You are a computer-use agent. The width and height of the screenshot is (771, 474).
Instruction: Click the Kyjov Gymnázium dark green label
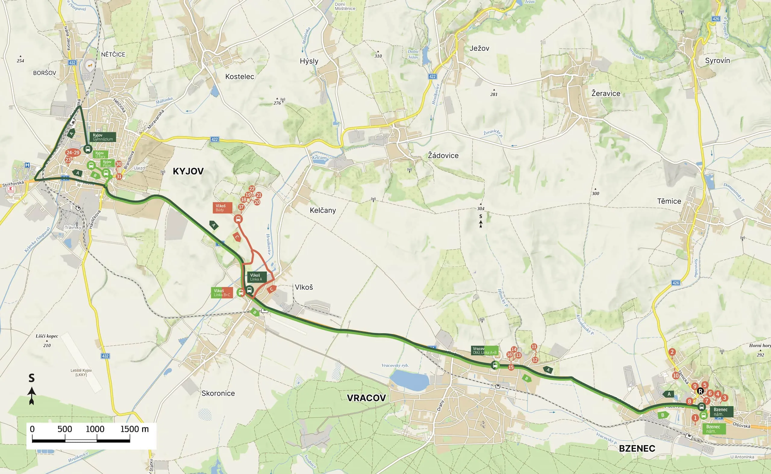click(103, 137)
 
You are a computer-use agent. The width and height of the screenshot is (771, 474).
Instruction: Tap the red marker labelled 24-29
click(73, 153)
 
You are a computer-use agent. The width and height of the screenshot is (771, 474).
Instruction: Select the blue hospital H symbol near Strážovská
click(27, 165)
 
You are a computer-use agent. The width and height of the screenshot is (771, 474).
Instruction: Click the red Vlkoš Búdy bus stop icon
click(238, 219)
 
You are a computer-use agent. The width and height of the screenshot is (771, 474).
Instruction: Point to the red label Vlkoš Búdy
click(222, 208)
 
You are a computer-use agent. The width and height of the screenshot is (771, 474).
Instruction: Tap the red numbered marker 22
click(251, 188)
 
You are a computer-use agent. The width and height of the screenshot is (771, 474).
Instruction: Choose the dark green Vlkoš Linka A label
click(257, 277)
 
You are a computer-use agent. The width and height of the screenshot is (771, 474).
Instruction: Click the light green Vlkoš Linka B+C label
click(222, 293)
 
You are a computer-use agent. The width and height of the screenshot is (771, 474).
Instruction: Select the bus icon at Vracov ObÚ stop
click(495, 365)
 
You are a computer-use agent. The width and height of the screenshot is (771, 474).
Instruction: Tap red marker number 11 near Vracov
click(534, 346)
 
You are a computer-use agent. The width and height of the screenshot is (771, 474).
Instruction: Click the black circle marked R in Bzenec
click(700, 391)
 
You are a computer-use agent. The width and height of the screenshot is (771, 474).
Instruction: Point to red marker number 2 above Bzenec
click(672, 352)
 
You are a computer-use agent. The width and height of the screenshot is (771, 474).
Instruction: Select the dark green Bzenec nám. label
click(721, 412)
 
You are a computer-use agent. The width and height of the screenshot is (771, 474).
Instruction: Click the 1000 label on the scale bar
click(95, 429)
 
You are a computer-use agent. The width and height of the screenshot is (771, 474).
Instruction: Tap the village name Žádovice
click(443, 156)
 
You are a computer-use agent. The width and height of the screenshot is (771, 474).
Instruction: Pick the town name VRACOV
click(366, 398)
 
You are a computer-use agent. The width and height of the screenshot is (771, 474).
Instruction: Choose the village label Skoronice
click(218, 393)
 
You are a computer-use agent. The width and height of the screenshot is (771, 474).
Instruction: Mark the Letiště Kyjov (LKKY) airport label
click(81, 373)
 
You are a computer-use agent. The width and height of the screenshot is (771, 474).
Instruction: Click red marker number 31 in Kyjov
click(119, 176)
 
